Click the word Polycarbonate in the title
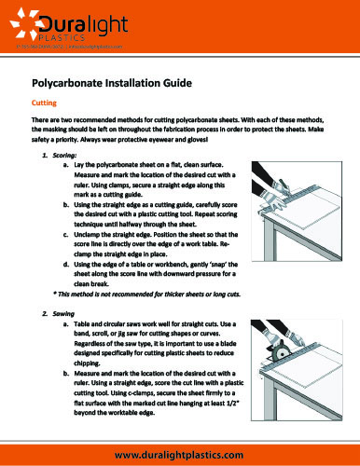tap(74, 82)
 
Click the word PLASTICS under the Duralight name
tap(70, 34)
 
